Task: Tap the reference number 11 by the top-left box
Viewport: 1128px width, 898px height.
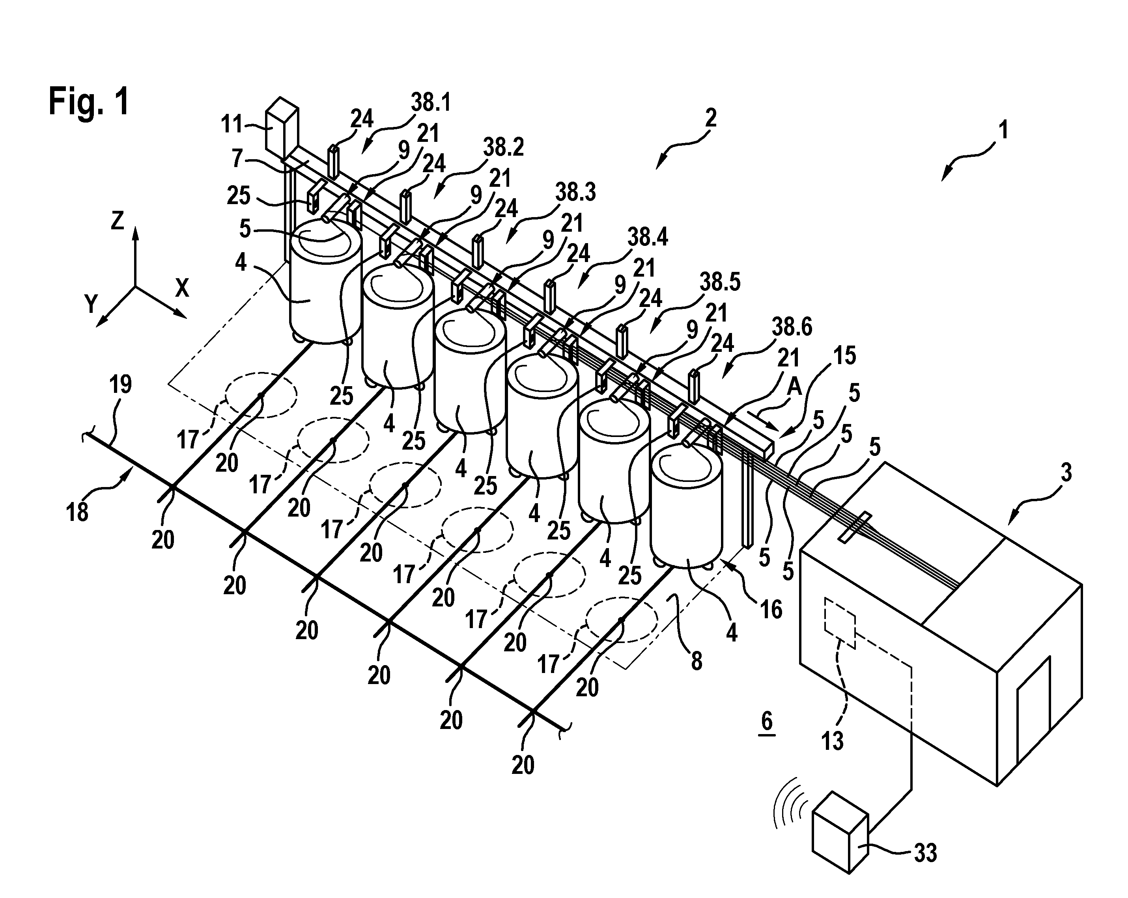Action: (232, 125)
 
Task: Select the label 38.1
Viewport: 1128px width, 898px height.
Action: (431, 103)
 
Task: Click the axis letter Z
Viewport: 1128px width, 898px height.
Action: (117, 221)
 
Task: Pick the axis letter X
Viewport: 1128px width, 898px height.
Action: (181, 288)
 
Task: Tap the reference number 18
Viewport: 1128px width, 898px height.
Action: (77, 512)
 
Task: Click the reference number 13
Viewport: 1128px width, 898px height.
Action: (833, 741)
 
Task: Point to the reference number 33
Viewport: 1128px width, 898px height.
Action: (925, 853)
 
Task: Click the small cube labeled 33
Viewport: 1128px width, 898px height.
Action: (840, 833)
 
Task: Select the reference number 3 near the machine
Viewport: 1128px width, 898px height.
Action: (1066, 472)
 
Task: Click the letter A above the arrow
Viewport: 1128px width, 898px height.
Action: (794, 387)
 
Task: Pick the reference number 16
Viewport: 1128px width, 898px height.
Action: (771, 610)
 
